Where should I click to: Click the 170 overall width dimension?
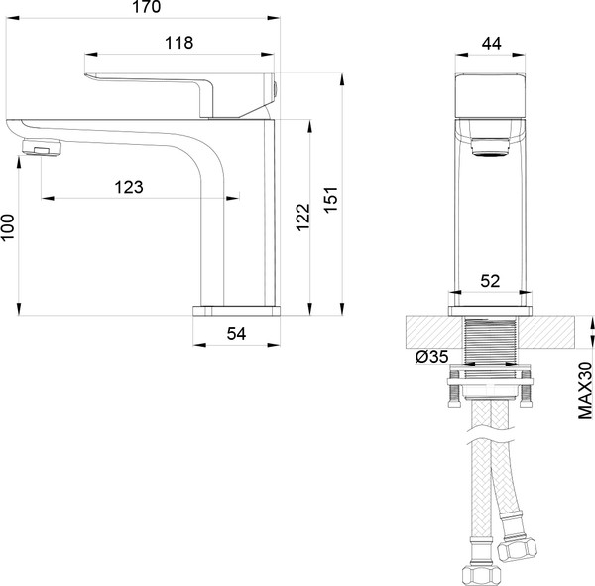pyautogui.click(x=147, y=7)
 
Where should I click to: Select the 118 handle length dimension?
pyautogui.click(x=179, y=43)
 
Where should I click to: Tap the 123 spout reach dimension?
pyautogui.click(x=129, y=187)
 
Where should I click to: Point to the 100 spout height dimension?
pyautogui.click(x=7, y=226)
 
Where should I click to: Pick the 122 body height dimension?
pyautogui.click(x=302, y=218)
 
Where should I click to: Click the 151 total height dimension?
pyautogui.click(x=331, y=200)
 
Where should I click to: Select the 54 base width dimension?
pyautogui.click(x=236, y=334)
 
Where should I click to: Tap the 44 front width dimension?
pyautogui.click(x=492, y=44)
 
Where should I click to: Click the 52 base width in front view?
pyautogui.click(x=490, y=281)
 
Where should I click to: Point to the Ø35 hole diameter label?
pyautogui.click(x=432, y=357)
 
